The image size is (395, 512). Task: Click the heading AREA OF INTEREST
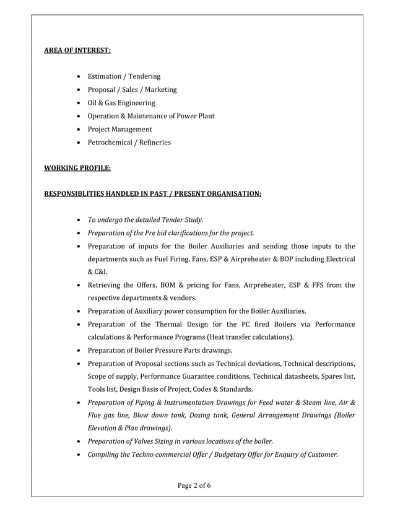coord(77,50)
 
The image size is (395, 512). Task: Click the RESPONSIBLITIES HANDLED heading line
coord(152,195)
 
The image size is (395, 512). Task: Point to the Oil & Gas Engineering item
coord(121,103)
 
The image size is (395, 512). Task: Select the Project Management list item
coord(119,130)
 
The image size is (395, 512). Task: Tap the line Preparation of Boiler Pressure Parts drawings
coord(160,350)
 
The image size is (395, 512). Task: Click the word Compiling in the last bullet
coord(104,454)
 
